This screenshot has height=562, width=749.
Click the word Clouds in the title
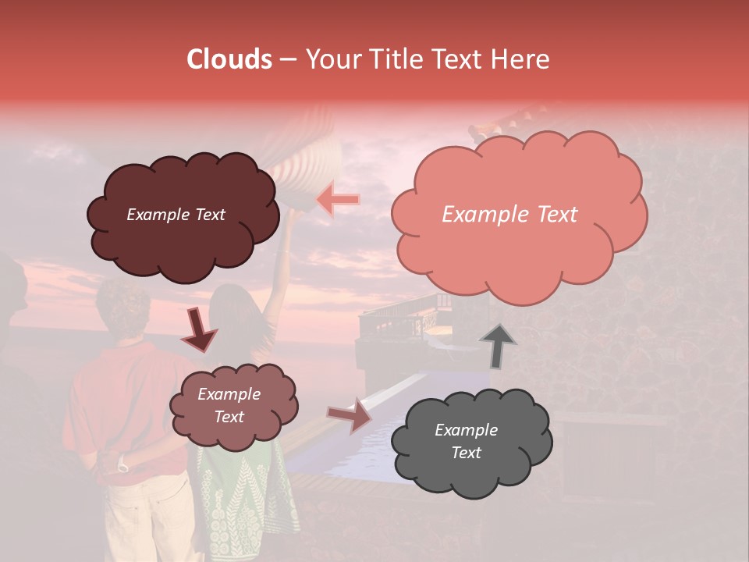pyautogui.click(x=229, y=59)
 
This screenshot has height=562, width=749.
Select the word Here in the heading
pyautogui.click(x=520, y=59)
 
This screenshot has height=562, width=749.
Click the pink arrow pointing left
pyautogui.click(x=338, y=200)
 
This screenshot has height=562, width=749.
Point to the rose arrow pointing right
pyautogui.click(x=350, y=415)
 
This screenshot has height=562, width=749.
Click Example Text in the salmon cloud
pyautogui.click(x=509, y=215)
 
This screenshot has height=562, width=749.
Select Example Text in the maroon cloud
pyautogui.click(x=176, y=215)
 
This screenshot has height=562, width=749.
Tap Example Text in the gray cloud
pyautogui.click(x=466, y=441)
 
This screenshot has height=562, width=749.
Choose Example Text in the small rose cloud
pyautogui.click(x=229, y=405)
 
